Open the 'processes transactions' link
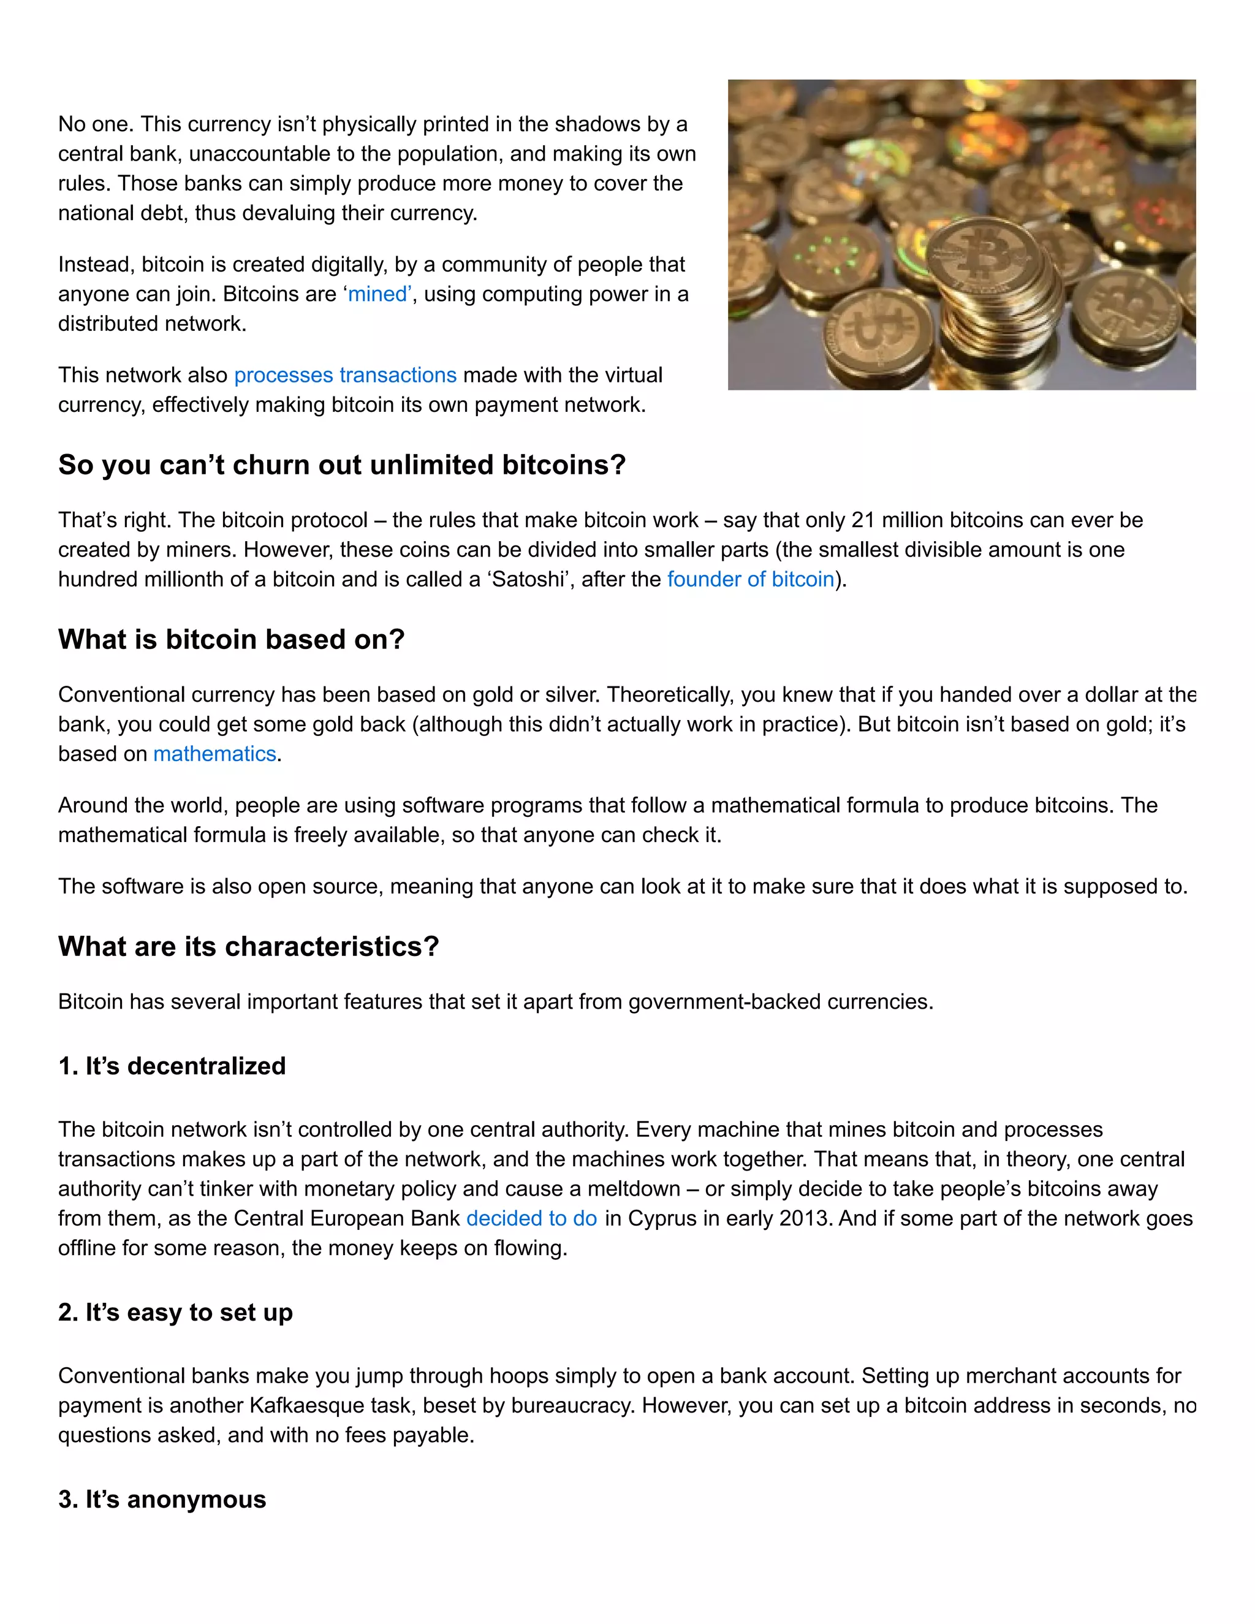click(x=345, y=375)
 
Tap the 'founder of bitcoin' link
click(x=751, y=579)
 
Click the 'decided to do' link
click(x=531, y=1219)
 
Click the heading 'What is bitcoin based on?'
click(x=231, y=639)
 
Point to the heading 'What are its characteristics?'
click(x=248, y=947)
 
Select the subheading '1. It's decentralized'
click(x=172, y=1066)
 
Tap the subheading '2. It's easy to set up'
click(x=175, y=1313)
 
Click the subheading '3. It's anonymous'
click(x=162, y=1499)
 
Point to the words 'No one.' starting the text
click(x=96, y=124)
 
